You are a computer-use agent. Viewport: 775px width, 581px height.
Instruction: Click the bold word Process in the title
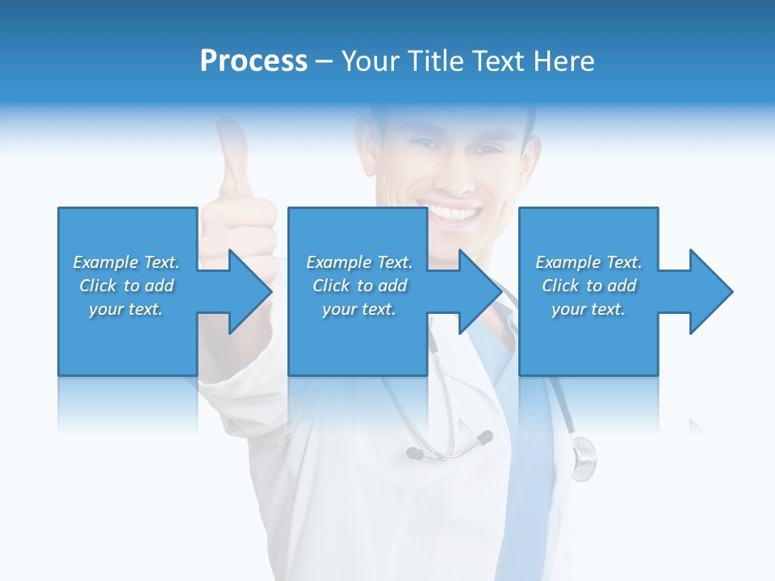pos(253,61)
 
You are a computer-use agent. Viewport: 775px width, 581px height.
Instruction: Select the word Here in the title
pos(564,61)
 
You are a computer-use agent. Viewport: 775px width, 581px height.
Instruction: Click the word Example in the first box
pos(105,262)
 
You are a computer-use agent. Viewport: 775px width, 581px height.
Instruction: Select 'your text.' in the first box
pos(126,309)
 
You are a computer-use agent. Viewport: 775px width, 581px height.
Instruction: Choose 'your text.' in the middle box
pos(358,309)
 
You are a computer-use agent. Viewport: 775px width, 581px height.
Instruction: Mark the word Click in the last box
pos(560,286)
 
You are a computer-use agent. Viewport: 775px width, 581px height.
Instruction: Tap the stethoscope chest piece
pos(583,456)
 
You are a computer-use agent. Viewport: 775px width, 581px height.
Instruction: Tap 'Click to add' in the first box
pos(126,286)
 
